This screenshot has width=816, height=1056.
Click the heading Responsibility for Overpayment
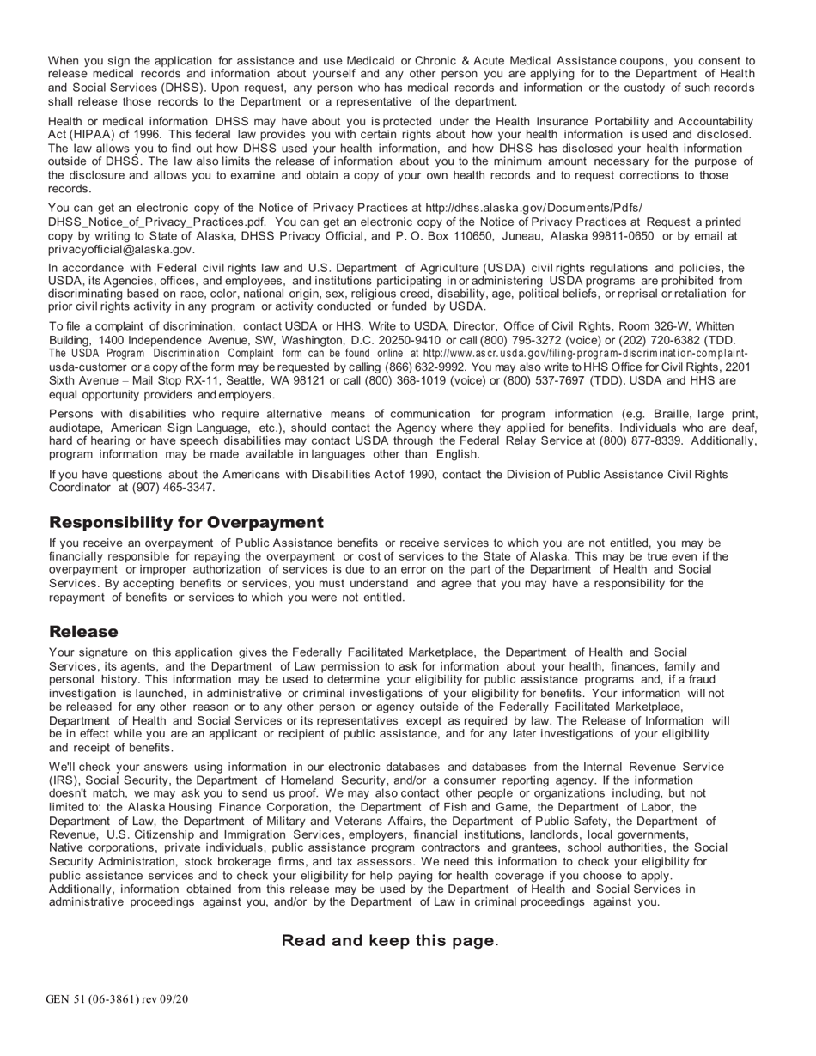pos(186,523)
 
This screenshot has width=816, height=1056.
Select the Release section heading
pos(83,632)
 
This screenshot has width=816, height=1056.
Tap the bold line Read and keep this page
pos(389,941)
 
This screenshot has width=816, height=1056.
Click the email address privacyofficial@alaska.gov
pos(121,249)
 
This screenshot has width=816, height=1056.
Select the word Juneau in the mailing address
pos(518,236)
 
